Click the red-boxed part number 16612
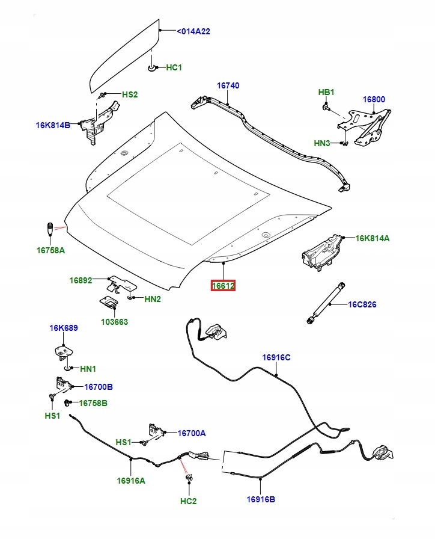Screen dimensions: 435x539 point(223,286)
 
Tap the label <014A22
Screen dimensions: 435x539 point(193,31)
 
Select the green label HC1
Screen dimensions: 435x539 point(174,67)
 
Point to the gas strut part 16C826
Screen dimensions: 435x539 point(326,303)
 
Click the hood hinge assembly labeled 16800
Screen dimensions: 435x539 point(364,127)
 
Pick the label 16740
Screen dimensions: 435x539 point(228,85)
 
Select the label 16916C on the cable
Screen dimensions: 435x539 point(276,357)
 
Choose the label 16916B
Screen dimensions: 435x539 point(261,499)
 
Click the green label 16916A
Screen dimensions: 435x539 point(131,481)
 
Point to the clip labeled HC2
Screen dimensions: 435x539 point(189,478)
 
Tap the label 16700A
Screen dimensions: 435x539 point(192,433)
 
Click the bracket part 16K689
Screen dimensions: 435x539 point(64,353)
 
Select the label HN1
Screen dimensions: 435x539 point(88,369)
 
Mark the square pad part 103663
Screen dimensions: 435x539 point(109,301)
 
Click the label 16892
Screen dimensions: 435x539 point(81,280)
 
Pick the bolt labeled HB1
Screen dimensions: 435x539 point(326,108)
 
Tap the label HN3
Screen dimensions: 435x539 point(321,143)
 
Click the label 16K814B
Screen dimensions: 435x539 point(53,125)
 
